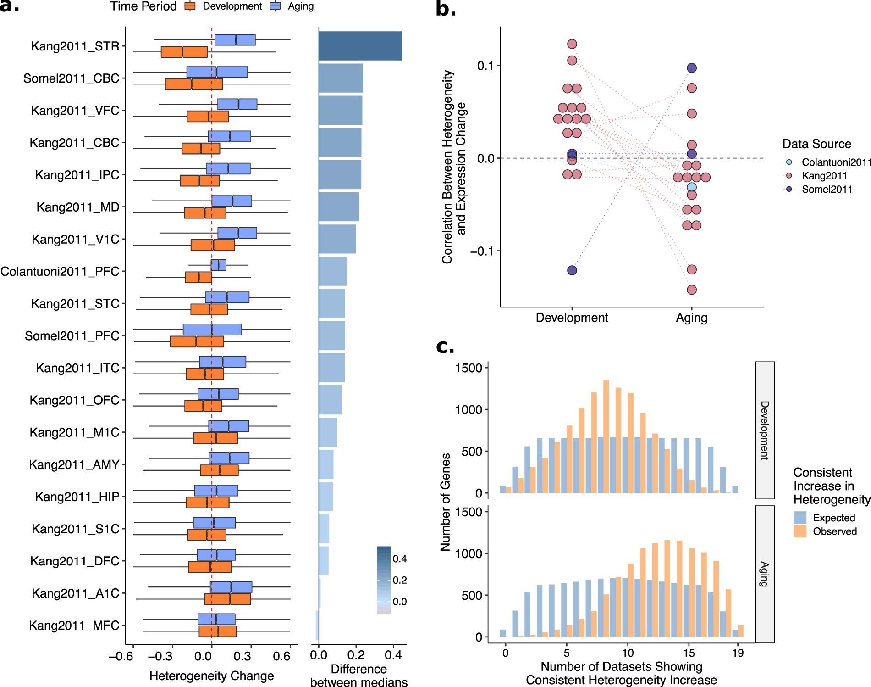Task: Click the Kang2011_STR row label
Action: click(75, 46)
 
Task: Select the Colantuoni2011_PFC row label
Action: click(60, 272)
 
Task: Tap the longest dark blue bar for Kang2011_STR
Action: click(360, 46)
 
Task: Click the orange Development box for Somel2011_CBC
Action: click(193, 84)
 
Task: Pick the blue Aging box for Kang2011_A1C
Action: click(231, 587)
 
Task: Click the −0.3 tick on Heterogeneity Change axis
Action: click(160, 656)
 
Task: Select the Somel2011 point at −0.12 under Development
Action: click(572, 270)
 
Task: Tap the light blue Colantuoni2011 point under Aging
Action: click(691, 187)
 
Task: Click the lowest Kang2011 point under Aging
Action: click(691, 290)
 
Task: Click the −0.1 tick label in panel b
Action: click(482, 251)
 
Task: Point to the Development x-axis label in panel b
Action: click(572, 318)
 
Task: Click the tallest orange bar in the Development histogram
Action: click(606, 436)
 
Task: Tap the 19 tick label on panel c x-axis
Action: click(737, 653)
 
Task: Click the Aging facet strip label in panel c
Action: click(764, 574)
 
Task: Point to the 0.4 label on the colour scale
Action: click(399, 559)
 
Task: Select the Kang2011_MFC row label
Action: click(74, 626)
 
